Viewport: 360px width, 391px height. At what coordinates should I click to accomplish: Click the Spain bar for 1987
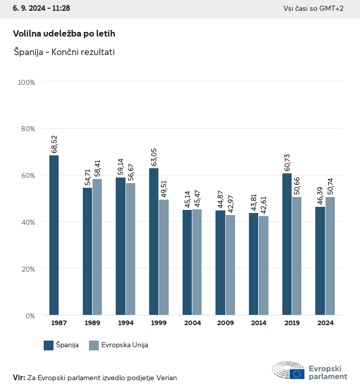coord(54,235)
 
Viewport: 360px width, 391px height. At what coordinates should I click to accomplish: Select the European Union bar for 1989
coord(97,247)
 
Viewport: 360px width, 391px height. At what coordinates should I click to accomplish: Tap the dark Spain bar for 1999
coord(154,242)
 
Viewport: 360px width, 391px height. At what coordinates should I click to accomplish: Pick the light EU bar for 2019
coord(297,256)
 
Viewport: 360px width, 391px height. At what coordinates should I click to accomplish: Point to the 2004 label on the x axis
coord(192,323)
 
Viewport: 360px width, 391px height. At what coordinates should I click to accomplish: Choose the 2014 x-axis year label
coord(259,323)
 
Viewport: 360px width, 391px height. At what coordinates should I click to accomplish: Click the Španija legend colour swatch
coord(49,345)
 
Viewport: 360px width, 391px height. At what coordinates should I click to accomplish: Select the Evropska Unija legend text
coord(125,345)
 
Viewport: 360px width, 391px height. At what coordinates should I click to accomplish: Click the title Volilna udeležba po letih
coord(64,33)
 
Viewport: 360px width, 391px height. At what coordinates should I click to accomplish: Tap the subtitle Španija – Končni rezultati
coord(64,52)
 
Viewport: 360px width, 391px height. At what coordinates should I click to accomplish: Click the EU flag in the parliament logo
coord(297,374)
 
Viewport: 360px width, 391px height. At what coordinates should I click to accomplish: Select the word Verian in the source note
coord(166,378)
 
